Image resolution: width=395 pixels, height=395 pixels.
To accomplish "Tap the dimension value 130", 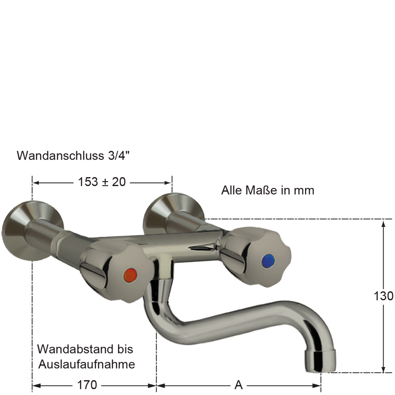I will (x=383, y=296).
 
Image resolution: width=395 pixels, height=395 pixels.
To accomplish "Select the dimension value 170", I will (x=87, y=384).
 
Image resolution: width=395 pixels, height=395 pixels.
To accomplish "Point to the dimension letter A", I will (x=239, y=384).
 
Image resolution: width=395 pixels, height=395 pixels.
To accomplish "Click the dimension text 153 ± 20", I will (x=102, y=182).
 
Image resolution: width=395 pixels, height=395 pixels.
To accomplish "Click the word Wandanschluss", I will (x=61, y=155).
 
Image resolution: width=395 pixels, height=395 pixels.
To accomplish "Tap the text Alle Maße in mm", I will (x=267, y=190).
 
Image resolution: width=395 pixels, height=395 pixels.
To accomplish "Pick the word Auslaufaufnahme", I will (x=87, y=364).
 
